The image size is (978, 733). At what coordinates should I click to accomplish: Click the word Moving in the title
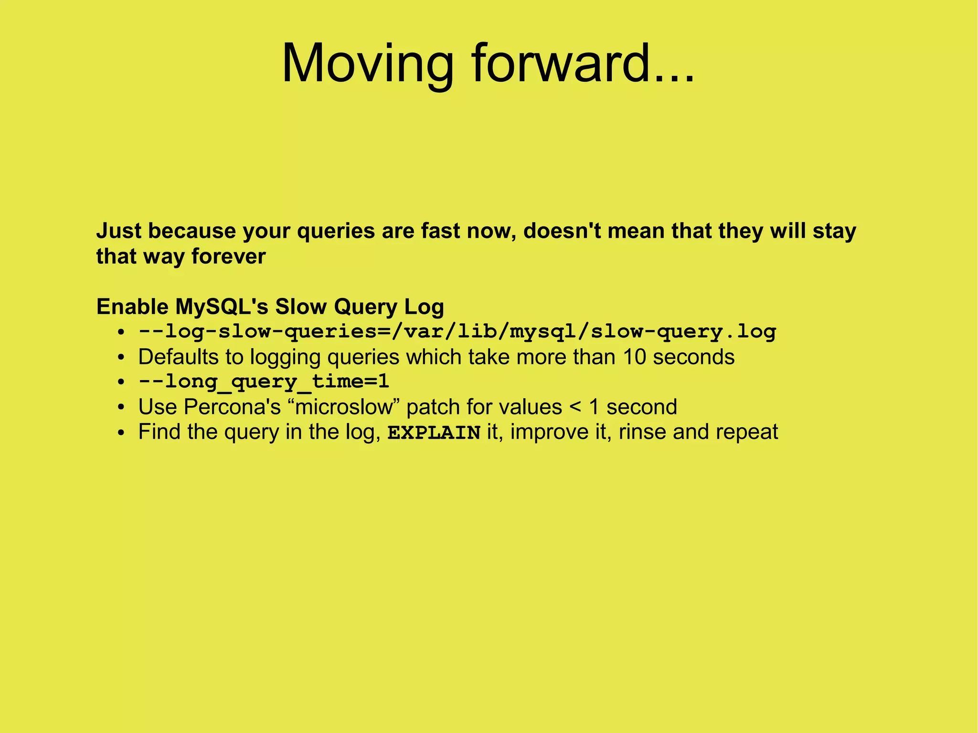(x=367, y=64)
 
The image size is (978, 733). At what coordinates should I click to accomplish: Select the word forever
(x=228, y=257)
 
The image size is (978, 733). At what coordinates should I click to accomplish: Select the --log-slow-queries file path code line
(x=457, y=332)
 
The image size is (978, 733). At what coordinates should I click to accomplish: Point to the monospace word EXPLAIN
(x=434, y=433)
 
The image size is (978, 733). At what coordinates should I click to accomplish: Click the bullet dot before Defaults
(x=122, y=358)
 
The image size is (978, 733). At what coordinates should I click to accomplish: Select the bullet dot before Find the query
(x=122, y=433)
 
